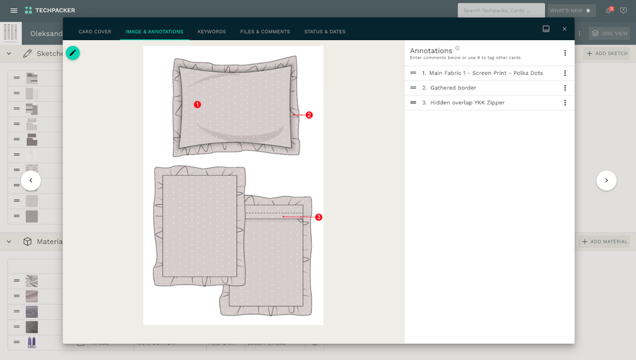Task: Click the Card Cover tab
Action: click(95, 32)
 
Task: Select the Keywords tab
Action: click(211, 32)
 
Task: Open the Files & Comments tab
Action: click(265, 32)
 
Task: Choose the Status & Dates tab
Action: click(324, 32)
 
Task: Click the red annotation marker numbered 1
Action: click(197, 104)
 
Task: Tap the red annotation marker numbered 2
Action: click(309, 115)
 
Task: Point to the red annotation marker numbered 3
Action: click(319, 217)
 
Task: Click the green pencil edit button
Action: click(73, 53)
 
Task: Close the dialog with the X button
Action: click(564, 29)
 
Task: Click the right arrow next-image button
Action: click(606, 181)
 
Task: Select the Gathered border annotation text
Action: click(453, 88)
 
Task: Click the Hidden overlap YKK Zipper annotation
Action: click(467, 102)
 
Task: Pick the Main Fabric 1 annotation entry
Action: click(486, 73)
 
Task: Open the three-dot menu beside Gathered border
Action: click(565, 88)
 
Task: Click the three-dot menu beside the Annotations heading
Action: click(565, 53)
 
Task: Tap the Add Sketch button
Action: click(607, 53)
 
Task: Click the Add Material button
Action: click(604, 242)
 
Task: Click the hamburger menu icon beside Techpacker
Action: click(14, 10)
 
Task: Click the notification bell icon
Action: click(609, 10)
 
